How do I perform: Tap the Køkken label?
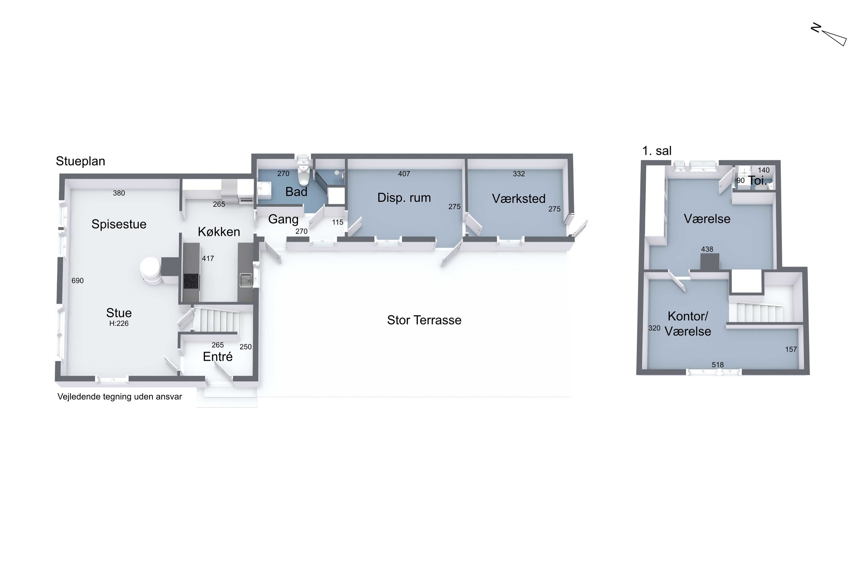coord(219,231)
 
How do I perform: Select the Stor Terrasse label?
coord(424,320)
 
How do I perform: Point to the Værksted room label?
coord(519,198)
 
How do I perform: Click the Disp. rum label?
coord(404,198)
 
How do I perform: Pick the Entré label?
coord(218,356)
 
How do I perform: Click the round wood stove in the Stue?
coord(151,271)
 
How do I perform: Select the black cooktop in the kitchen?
coord(191,281)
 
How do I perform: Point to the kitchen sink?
coord(246,280)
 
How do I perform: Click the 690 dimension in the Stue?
coord(78,281)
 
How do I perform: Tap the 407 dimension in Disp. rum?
coord(404,174)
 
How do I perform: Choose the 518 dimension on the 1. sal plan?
coord(717,365)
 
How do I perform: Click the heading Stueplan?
coord(80,161)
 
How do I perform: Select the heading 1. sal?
coord(657,151)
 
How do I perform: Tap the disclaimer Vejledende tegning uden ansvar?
coord(120,396)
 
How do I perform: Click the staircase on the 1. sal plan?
coord(756,312)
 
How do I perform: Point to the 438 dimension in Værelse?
coord(707,249)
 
